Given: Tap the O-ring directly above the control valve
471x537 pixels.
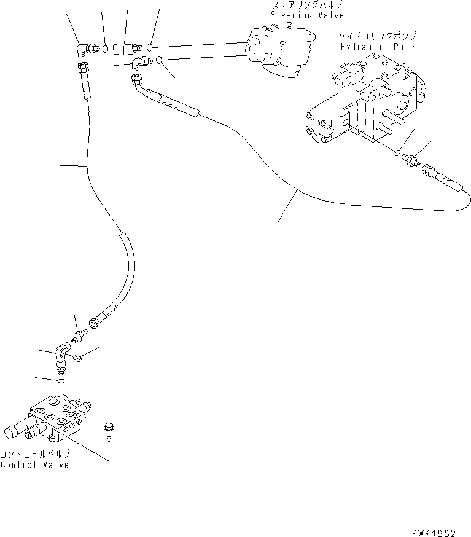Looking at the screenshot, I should click(x=60, y=382).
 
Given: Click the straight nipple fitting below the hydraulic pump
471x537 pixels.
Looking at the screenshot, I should click(x=409, y=162).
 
